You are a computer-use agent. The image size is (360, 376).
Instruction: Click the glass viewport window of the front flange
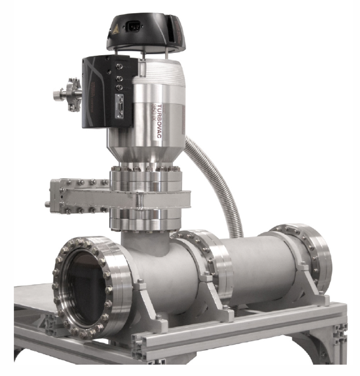84,288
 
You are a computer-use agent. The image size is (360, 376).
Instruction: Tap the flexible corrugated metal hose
219,180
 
